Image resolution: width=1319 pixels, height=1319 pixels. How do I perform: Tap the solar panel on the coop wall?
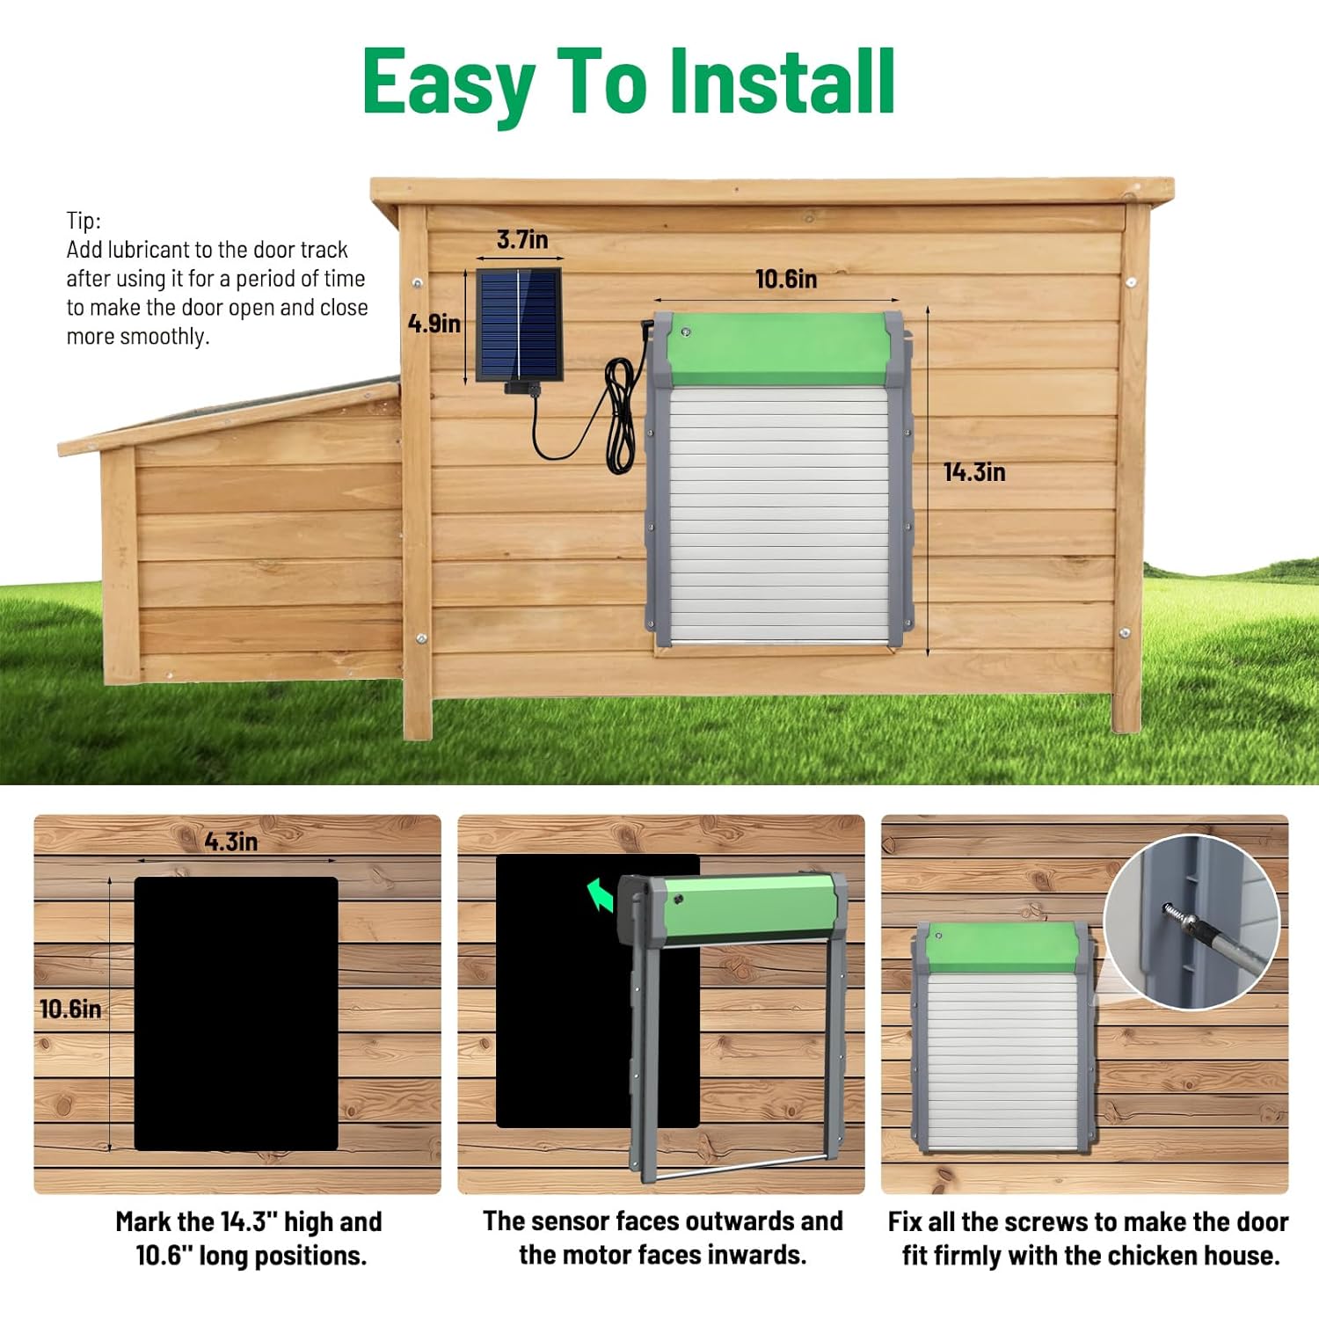click(519, 324)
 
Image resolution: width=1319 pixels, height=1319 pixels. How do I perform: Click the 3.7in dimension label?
click(522, 239)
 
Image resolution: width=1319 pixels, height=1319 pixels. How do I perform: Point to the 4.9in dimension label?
click(434, 324)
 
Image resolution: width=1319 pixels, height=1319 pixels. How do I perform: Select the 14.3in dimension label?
click(974, 472)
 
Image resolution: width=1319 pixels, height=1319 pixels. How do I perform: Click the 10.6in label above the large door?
click(786, 280)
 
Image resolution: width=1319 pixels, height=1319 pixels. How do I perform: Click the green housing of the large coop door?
click(777, 350)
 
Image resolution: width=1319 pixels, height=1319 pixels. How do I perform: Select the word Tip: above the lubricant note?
click(84, 221)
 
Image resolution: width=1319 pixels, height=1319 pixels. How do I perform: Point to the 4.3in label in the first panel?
click(231, 842)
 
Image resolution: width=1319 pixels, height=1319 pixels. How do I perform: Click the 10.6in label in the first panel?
click(70, 1009)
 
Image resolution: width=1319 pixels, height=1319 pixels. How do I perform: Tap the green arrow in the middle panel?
click(601, 896)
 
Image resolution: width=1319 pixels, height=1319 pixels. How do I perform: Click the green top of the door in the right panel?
click(1002, 948)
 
